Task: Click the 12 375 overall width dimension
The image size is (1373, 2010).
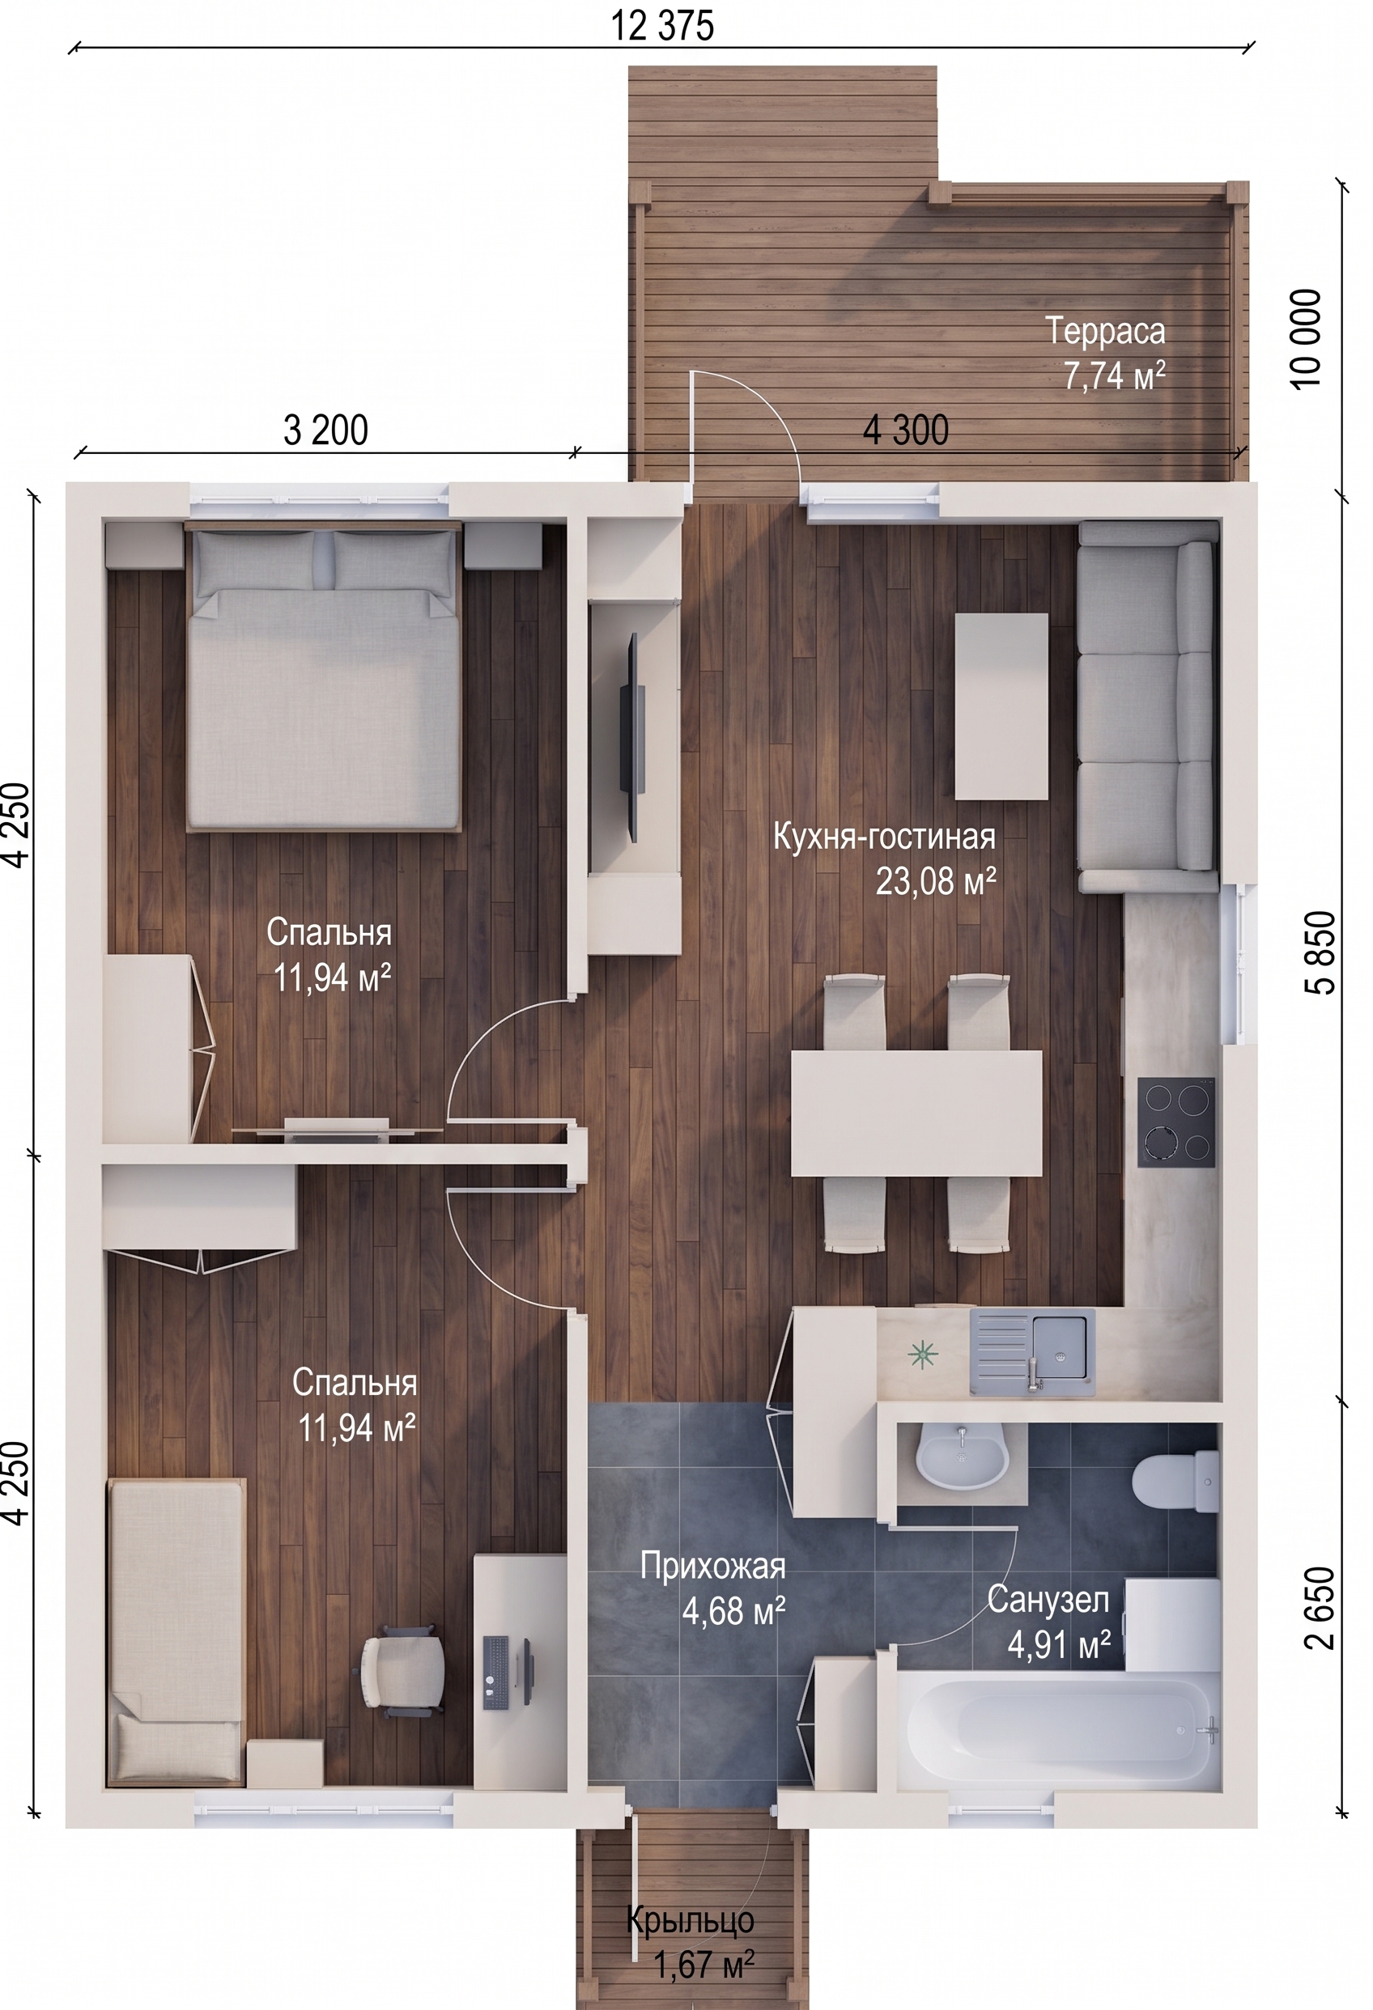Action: pos(663,26)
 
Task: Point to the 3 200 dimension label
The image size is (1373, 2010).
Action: pos(325,430)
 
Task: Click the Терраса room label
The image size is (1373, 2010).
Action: pos(1105,330)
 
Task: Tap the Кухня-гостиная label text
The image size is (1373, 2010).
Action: pos(883,837)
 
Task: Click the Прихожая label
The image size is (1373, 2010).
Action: pos(713,1567)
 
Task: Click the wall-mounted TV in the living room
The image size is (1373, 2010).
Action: pos(632,738)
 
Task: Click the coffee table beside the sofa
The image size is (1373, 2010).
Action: pos(1001,706)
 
